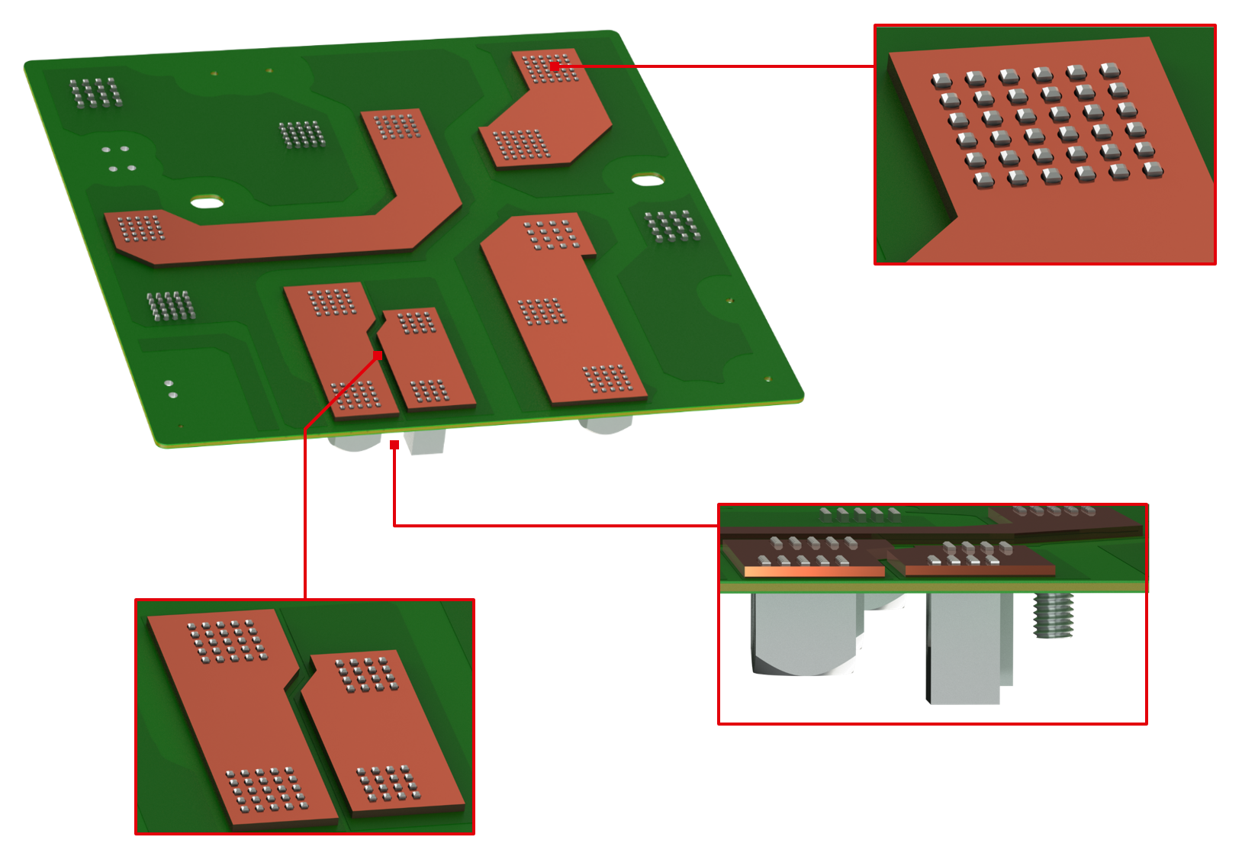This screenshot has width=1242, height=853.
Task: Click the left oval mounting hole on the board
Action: coord(207,202)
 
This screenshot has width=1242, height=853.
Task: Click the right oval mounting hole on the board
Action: coord(648,181)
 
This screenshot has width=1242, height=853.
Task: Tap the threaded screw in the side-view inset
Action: coord(1054,616)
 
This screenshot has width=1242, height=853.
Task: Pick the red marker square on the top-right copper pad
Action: coord(555,67)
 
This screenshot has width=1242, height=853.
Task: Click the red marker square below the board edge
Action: coord(394,445)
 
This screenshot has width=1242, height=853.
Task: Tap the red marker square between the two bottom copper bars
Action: coord(378,356)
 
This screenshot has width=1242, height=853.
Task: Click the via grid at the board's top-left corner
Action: coord(95,92)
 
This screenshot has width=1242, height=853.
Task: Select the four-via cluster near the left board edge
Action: coord(118,158)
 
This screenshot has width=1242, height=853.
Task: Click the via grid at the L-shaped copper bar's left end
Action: coord(141,227)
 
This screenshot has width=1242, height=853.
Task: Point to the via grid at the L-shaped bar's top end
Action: coord(397,126)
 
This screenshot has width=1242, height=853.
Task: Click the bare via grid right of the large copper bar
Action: coord(672,226)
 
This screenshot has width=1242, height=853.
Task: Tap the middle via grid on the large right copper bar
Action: coord(542,311)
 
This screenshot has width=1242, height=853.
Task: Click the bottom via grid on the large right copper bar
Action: coord(607,378)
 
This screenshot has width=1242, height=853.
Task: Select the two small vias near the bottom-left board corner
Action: coord(170,389)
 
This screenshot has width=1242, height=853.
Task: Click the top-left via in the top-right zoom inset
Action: coord(941,80)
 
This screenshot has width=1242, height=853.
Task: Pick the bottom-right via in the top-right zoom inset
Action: coord(1153,169)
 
